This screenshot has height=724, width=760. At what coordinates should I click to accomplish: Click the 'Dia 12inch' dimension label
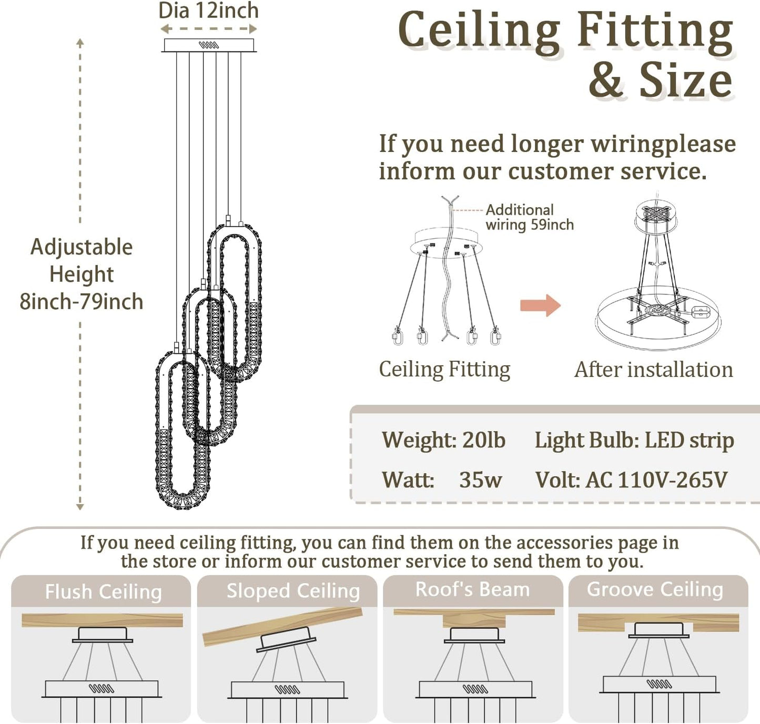(x=208, y=11)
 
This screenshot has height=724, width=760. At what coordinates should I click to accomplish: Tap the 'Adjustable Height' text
(x=82, y=260)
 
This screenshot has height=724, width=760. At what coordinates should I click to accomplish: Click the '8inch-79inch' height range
(x=82, y=302)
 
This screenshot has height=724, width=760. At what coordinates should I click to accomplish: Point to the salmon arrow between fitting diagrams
(x=540, y=305)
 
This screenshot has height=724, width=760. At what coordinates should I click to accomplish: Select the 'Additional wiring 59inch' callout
(x=529, y=217)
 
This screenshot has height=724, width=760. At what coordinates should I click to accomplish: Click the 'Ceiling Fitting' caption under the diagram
(x=444, y=370)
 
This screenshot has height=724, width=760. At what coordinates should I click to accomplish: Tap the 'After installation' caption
(x=653, y=370)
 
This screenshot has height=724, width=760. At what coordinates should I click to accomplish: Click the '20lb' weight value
(x=483, y=440)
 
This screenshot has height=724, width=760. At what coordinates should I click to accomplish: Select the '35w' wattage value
(x=480, y=480)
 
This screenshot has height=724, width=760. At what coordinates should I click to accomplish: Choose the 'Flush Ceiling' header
(x=103, y=592)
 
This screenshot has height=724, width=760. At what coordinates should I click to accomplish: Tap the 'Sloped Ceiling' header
(x=293, y=591)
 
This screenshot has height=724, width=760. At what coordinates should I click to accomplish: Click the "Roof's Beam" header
(x=472, y=589)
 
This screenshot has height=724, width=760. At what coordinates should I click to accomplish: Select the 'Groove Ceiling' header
(x=655, y=589)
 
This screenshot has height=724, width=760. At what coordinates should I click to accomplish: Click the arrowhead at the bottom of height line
(x=80, y=507)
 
